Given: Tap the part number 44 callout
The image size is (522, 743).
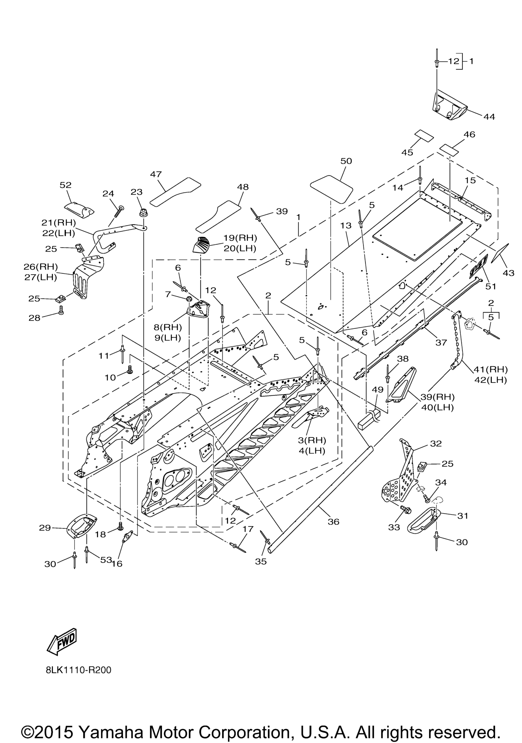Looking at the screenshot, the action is tap(489, 116).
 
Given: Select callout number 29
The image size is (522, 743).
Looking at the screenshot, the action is tap(45, 528).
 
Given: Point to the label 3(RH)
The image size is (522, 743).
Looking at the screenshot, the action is tap(312, 440).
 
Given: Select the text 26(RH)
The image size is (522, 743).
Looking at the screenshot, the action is tap(41, 267).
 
